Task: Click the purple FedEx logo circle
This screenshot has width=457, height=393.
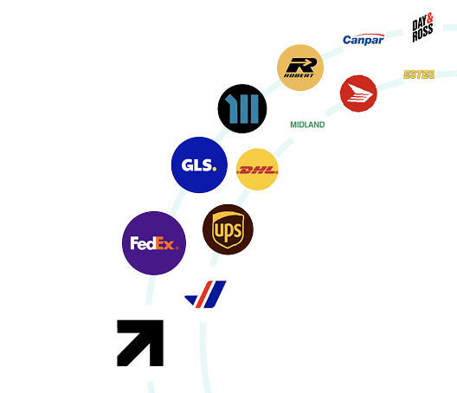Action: click(154, 243)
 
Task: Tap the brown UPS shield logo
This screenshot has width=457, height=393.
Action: click(228, 229)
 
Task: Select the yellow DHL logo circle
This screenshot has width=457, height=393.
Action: click(257, 170)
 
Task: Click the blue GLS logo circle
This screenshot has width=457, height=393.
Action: click(199, 164)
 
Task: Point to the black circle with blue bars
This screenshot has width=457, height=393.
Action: click(242, 108)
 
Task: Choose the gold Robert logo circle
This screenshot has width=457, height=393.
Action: click(300, 68)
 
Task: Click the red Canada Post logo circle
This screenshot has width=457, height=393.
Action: click(358, 93)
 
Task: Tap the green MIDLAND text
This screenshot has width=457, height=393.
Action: click(307, 125)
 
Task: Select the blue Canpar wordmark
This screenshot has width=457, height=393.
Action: click(364, 40)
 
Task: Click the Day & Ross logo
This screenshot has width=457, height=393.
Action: click(422, 28)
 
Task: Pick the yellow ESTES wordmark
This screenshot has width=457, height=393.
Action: click(419, 74)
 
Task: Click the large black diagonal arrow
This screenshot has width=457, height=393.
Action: click(140, 343)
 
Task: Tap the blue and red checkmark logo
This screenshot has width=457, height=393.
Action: click(205, 294)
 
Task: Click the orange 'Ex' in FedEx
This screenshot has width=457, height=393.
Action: click(165, 243)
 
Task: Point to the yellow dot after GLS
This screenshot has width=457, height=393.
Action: click(215, 169)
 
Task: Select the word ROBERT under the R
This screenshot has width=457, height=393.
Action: click(299, 75)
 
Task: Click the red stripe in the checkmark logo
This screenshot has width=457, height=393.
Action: click(203, 294)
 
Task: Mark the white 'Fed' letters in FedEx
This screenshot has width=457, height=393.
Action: click(143, 243)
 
